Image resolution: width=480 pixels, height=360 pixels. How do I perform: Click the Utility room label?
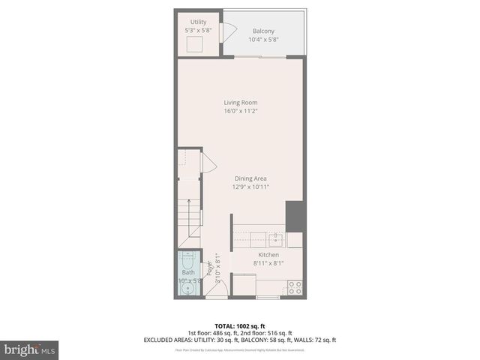[199, 22]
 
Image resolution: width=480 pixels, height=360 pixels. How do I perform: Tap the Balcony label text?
[263, 31]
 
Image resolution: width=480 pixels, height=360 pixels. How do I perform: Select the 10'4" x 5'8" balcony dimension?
[263, 40]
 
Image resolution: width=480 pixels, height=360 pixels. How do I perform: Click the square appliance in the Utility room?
[197, 44]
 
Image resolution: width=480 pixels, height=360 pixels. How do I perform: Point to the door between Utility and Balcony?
[229, 31]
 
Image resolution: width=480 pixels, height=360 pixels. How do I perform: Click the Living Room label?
[240, 102]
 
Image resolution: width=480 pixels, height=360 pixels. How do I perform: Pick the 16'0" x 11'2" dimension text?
[240, 111]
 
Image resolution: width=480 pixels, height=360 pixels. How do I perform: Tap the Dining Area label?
[250, 178]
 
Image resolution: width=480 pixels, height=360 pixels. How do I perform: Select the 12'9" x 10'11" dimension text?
[250, 187]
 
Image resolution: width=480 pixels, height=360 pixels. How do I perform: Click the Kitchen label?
[268, 255]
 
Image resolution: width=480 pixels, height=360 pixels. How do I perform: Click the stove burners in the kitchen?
[295, 286]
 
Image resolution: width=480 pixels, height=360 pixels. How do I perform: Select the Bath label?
[187, 273]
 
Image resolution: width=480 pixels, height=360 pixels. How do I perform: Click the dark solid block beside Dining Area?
[295, 216]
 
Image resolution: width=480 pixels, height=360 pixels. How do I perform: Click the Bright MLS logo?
[30, 349]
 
